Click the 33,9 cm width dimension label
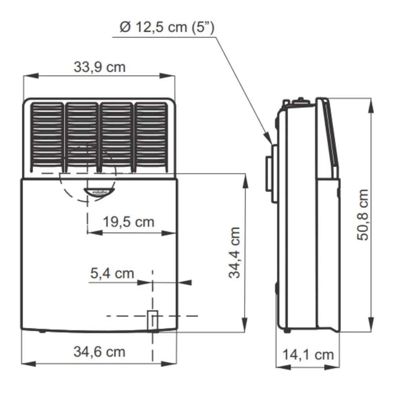[x=99, y=67]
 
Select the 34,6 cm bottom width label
[x=99, y=351]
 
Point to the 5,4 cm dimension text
[x=112, y=273]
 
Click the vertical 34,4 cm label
[x=235, y=253]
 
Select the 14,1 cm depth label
[x=308, y=354]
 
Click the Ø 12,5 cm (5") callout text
[x=167, y=29]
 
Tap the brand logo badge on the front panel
[x=99, y=191]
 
